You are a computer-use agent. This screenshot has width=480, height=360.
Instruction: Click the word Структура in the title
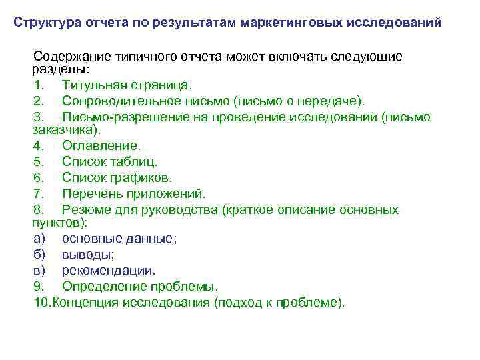click(x=48, y=22)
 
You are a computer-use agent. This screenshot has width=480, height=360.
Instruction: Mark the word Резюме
click(x=86, y=210)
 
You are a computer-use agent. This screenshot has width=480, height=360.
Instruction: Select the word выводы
click(x=87, y=255)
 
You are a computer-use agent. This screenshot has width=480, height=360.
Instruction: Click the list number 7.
click(x=38, y=194)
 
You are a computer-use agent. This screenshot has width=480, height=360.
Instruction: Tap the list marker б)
click(x=40, y=255)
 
